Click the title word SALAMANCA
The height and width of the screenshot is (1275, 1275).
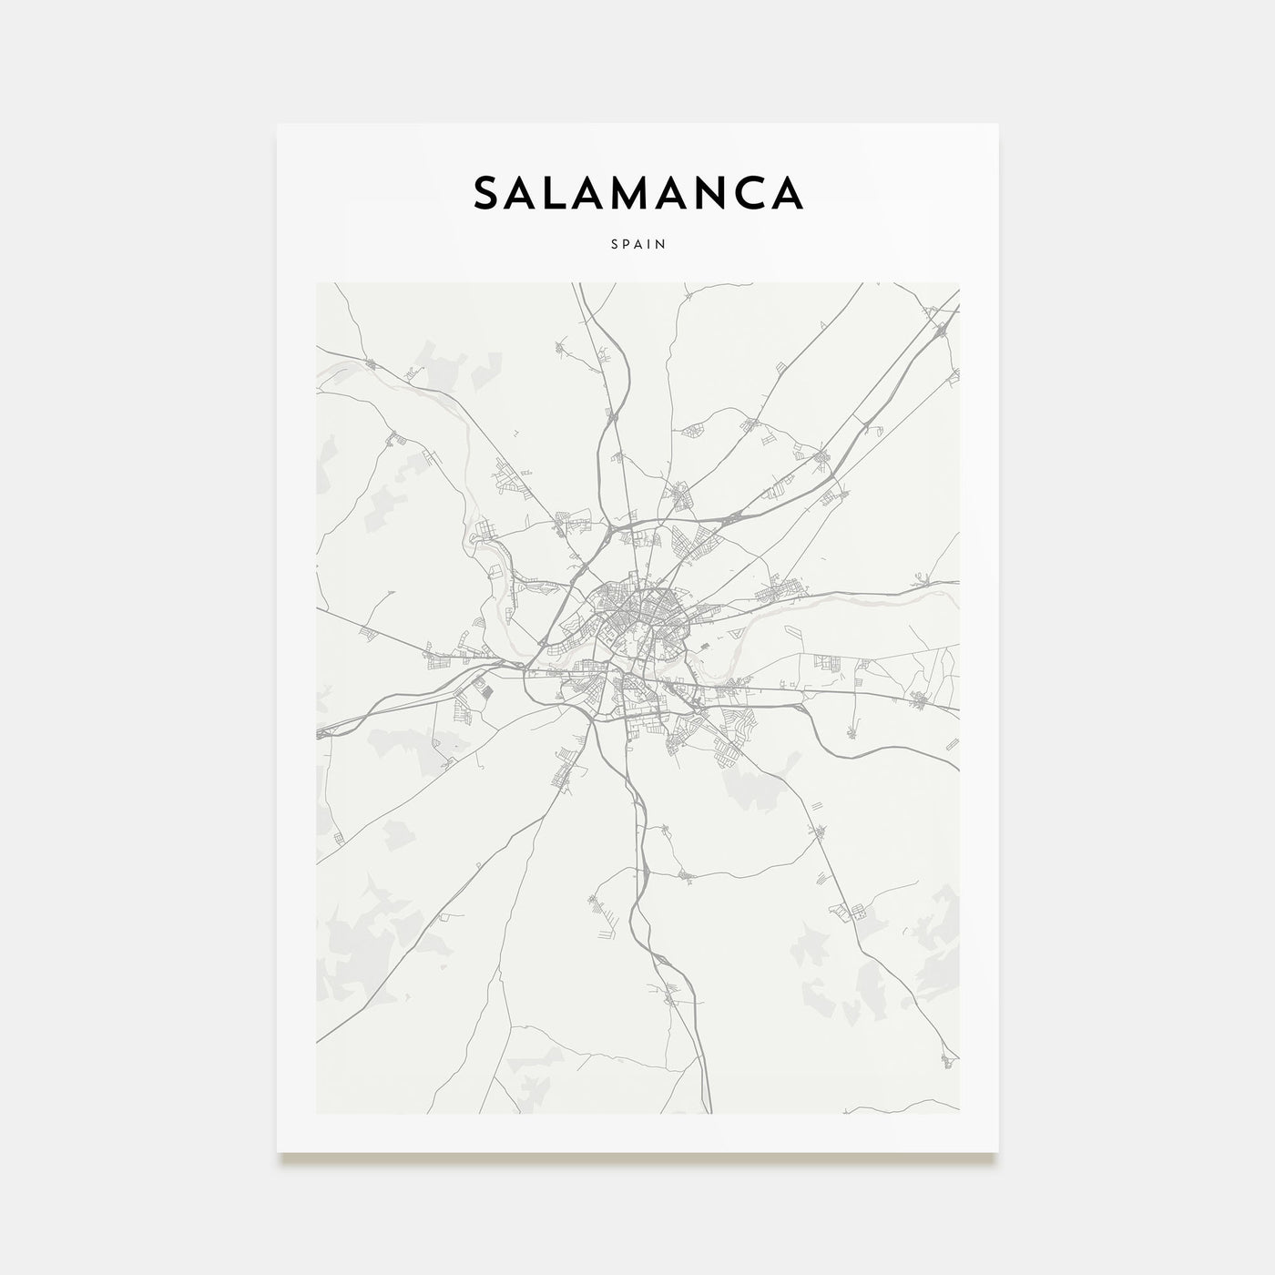tap(637, 193)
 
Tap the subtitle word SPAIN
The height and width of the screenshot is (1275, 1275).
tap(637, 244)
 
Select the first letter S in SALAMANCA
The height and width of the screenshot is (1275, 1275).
tap(486, 193)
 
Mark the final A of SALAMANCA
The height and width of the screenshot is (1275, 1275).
tap(786, 193)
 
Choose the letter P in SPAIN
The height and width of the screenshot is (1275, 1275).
tap(624, 244)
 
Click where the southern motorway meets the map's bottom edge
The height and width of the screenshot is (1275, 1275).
tap(709, 1111)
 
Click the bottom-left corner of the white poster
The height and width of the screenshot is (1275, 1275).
tap(279, 1151)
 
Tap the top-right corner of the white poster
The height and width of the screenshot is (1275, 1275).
tap(997, 125)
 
